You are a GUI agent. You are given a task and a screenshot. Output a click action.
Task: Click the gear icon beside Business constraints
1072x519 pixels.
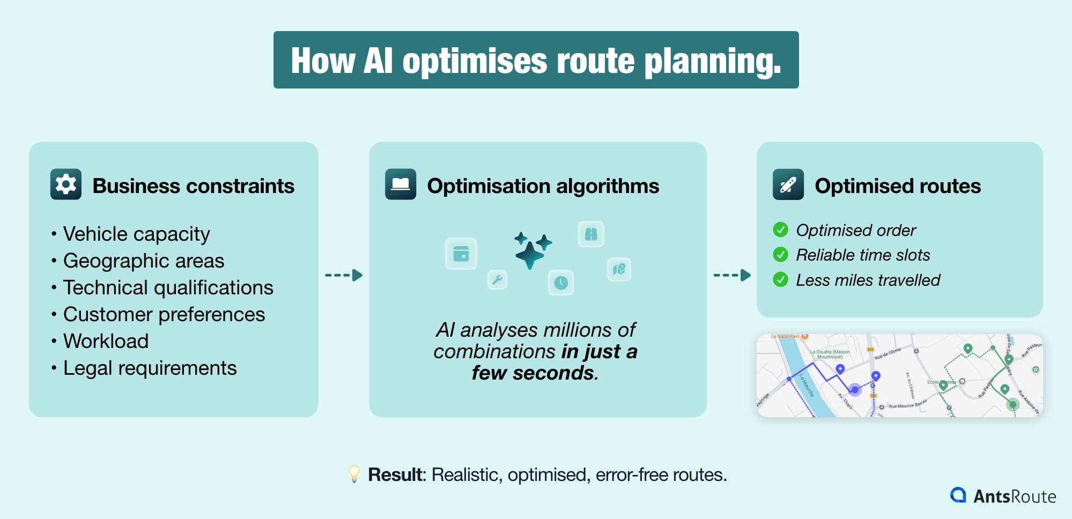click(65, 184)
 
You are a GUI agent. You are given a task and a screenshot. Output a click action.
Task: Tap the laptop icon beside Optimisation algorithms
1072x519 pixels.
click(400, 184)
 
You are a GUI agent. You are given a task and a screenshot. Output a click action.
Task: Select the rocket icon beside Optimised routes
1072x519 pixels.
click(788, 184)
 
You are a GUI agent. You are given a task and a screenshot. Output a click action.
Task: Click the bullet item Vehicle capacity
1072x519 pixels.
click(136, 234)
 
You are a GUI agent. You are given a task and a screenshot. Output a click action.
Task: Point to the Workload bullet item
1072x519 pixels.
click(106, 341)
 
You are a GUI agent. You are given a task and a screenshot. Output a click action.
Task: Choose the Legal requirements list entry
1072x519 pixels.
click(150, 368)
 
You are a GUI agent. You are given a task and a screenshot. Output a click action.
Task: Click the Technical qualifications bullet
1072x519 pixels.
click(168, 287)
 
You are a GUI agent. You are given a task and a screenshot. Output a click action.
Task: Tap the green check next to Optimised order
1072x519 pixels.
click(780, 230)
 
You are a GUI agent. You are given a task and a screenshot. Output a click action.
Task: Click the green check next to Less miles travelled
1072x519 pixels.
click(780, 279)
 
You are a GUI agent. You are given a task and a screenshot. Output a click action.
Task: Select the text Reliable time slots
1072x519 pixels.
click(862, 255)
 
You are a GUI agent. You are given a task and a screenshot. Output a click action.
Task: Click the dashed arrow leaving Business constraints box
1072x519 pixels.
click(344, 275)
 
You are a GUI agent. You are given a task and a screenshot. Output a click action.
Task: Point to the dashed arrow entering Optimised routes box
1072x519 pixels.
click(732, 275)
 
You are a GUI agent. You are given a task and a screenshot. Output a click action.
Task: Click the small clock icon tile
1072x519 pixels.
click(560, 283)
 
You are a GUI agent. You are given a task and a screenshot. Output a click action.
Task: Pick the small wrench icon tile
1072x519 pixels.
click(497, 279)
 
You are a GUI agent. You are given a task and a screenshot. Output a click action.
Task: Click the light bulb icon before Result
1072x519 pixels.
click(354, 473)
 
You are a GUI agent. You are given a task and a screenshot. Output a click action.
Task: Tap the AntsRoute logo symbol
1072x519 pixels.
click(958, 495)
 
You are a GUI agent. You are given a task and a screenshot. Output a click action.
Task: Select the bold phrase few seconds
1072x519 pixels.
click(534, 373)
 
